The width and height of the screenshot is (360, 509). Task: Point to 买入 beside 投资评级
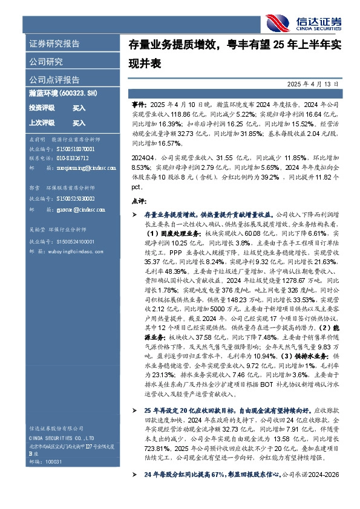[x=79, y=108]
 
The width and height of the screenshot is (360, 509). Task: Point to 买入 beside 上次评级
[x=79, y=123]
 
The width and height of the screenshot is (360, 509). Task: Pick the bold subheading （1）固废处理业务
[x=149, y=233]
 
